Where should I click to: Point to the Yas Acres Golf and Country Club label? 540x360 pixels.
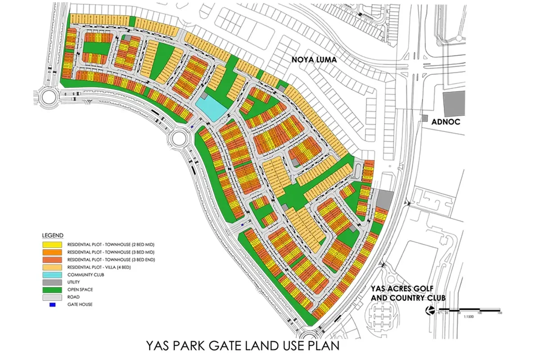point(408,293)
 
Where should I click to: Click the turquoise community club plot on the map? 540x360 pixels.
point(211,109)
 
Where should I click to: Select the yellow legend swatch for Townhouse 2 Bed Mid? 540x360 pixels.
point(52,244)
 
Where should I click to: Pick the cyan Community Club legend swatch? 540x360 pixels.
point(52,274)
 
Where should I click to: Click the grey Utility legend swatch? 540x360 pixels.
point(52,282)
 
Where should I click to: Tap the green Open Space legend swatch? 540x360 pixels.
point(52,290)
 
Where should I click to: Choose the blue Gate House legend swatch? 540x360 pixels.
point(52,305)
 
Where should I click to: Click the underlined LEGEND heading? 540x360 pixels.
point(53,235)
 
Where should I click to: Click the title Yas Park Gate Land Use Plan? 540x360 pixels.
point(242,346)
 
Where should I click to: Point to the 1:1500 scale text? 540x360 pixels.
point(468,318)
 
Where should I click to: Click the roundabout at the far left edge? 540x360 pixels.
point(47,97)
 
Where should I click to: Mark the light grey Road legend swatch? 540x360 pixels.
point(52,297)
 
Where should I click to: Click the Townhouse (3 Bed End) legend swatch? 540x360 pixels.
point(52,260)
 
